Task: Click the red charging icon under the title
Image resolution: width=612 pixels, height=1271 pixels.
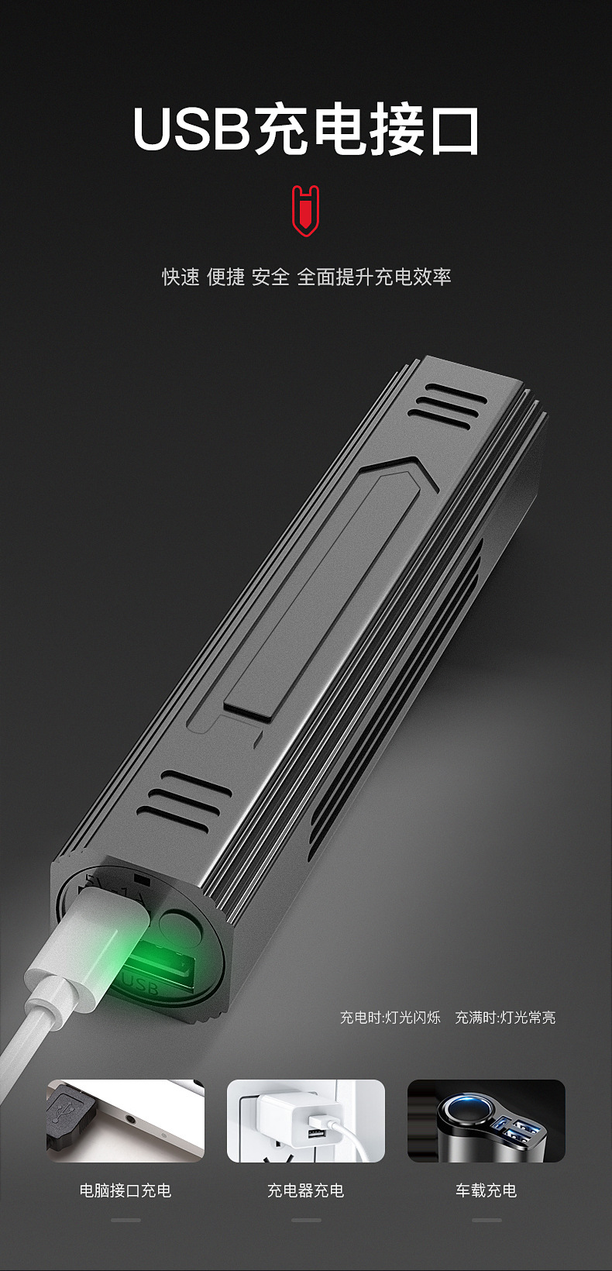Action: tap(306, 211)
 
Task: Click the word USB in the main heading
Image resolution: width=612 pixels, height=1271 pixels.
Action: tap(191, 130)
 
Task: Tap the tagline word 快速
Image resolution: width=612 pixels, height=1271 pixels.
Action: tap(181, 277)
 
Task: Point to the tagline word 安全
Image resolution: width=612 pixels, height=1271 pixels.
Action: tap(270, 277)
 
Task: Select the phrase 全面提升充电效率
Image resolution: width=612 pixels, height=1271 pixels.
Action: tap(374, 277)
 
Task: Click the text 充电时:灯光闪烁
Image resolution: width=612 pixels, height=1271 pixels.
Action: tap(390, 1018)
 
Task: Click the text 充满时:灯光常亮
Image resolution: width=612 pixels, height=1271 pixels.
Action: tap(505, 1018)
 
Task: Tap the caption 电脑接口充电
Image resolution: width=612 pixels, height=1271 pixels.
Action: tap(125, 1190)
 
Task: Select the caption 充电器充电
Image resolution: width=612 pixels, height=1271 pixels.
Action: tap(306, 1190)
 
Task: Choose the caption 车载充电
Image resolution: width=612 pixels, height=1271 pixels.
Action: tap(486, 1190)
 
